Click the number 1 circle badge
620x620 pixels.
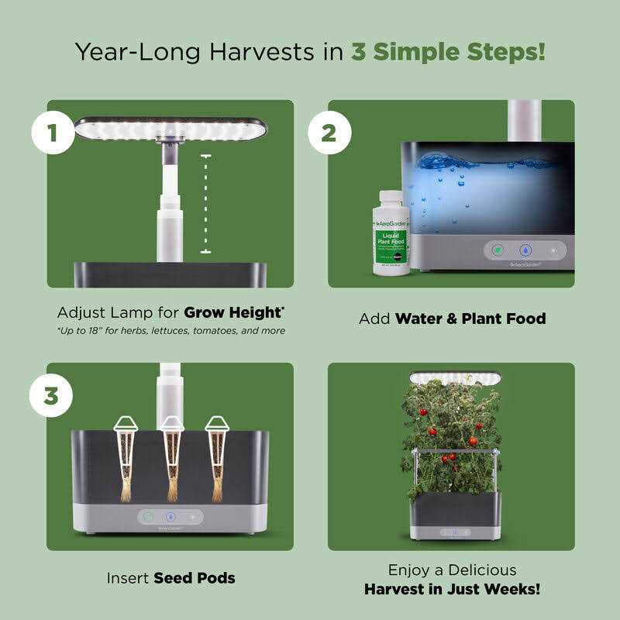tap(53, 133)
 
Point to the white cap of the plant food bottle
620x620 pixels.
tap(391, 198)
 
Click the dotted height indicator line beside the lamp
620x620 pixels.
tap(205, 204)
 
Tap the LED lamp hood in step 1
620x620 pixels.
tap(170, 129)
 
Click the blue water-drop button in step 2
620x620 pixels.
tap(525, 251)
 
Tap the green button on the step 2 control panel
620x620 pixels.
tap(498, 251)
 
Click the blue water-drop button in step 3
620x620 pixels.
tap(170, 516)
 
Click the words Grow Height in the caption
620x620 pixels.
tap(233, 313)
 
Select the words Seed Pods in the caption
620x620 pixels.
tap(194, 577)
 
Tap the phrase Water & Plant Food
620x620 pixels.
tap(470, 319)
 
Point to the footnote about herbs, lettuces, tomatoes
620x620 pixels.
tap(170, 331)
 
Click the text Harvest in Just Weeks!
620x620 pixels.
tap(452, 589)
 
